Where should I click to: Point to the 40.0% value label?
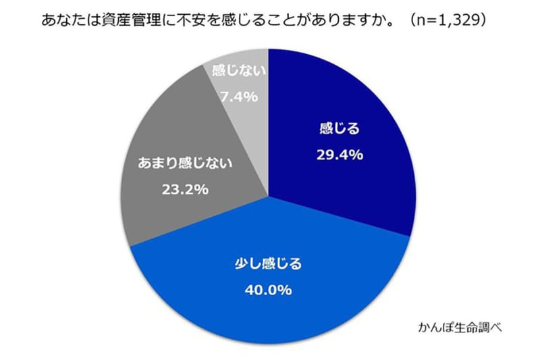point(269,290)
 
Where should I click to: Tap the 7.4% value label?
point(238,97)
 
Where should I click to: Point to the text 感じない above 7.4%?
point(238,70)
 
